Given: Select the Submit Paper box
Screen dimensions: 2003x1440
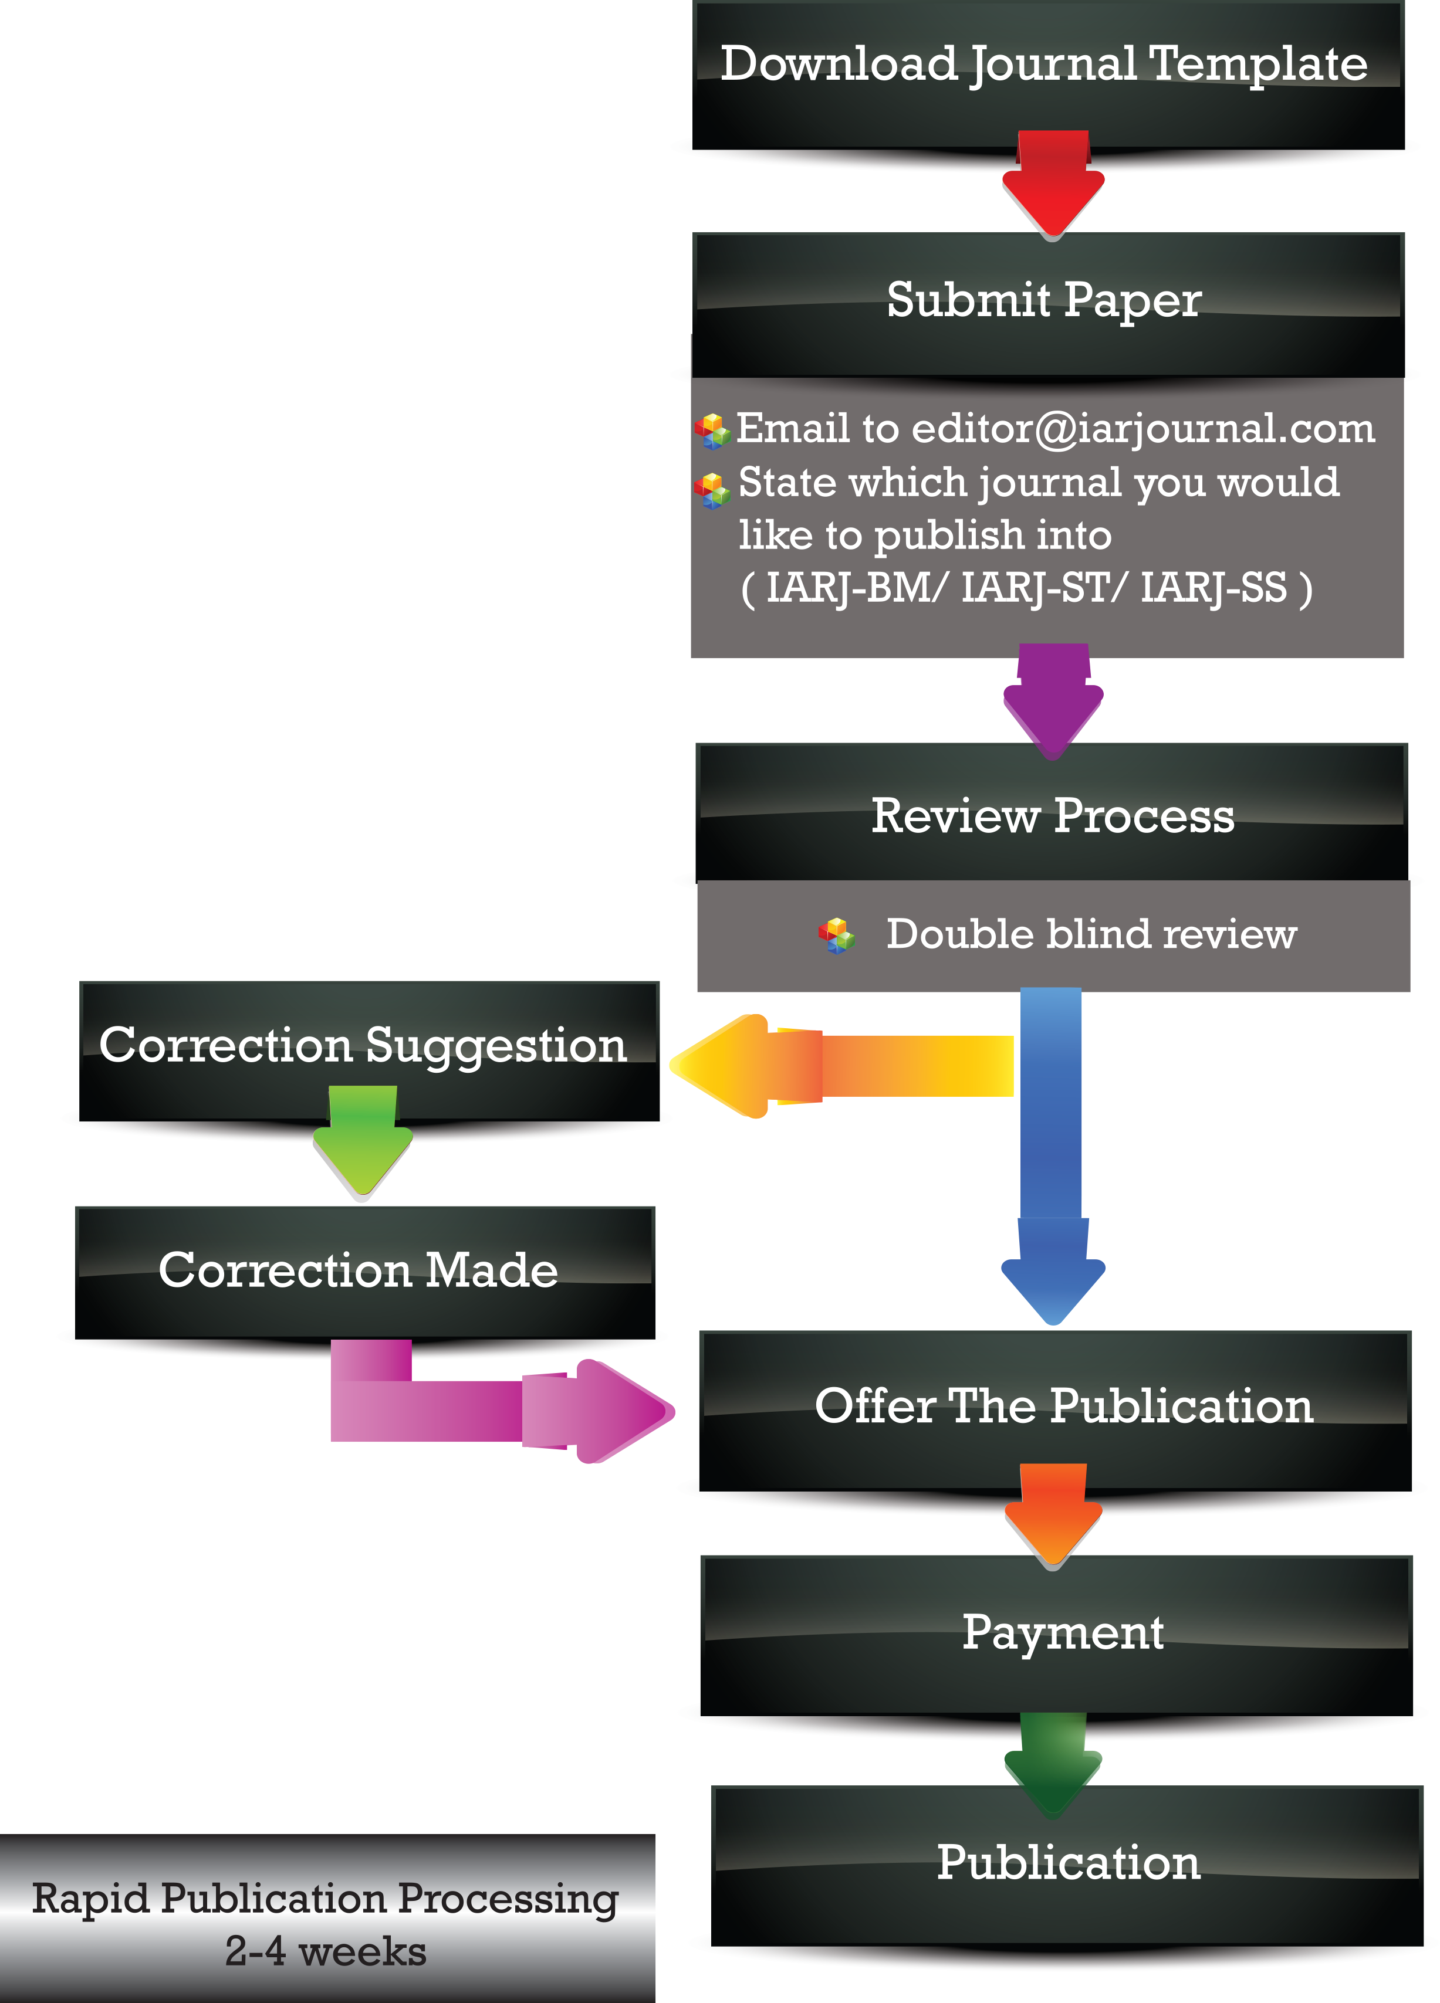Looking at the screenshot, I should click(x=1047, y=300).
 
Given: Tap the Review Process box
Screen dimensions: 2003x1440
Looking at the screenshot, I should click(x=1052, y=814).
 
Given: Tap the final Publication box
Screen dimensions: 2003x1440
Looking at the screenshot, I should click(x=1067, y=1863).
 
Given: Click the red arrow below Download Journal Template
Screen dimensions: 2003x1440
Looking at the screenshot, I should click(x=1052, y=185).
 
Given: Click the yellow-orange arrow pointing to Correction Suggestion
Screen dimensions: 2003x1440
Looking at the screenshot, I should click(x=839, y=1065).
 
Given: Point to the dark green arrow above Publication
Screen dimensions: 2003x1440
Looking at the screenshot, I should click(x=1052, y=1762).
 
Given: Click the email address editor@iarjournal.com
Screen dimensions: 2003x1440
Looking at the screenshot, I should click(x=1143, y=429).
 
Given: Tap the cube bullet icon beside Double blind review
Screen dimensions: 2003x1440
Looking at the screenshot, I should click(x=836, y=936).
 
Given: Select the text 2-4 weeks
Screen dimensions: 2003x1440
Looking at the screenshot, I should click(x=325, y=1952).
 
